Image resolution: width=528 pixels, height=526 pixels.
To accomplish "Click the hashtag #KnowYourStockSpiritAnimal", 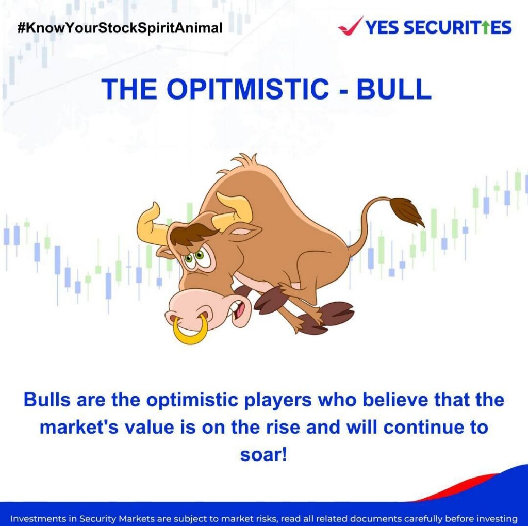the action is (x=120, y=28).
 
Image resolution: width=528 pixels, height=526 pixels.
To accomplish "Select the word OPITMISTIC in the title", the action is (x=247, y=89).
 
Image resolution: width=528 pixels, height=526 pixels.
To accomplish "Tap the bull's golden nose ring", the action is (x=191, y=330).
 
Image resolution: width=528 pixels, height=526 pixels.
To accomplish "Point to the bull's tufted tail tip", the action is (x=407, y=211).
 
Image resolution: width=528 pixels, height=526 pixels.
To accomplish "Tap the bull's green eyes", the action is (x=194, y=258).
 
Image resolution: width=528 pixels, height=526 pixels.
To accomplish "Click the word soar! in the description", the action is (x=263, y=455).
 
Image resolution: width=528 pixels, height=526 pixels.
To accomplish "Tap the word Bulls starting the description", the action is (x=47, y=399).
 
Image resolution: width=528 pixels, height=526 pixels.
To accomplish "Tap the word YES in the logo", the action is (x=383, y=28).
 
